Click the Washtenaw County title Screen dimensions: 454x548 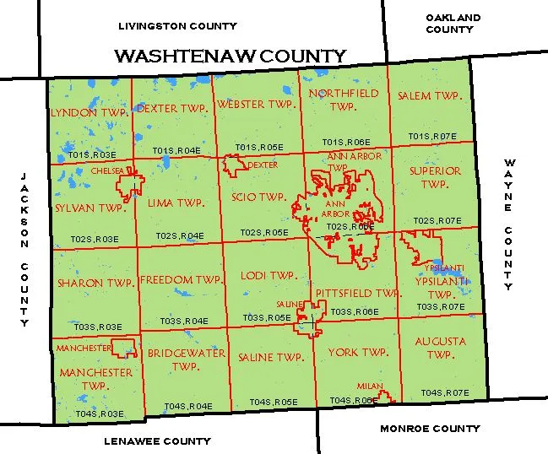(x=230, y=57)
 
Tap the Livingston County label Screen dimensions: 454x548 (x=177, y=26)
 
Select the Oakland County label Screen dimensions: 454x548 (x=453, y=23)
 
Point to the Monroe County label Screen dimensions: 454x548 (x=430, y=429)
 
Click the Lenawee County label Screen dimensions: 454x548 (x=157, y=440)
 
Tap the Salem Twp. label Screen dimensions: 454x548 (x=430, y=96)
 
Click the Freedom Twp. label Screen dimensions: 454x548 (x=181, y=279)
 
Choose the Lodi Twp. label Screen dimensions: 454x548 (x=268, y=276)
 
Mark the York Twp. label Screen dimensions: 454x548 (x=358, y=352)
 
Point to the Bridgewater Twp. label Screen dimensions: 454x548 (x=186, y=359)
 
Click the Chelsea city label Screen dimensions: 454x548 (x=107, y=170)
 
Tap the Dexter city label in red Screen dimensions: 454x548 (x=263, y=165)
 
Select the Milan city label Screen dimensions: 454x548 (x=370, y=386)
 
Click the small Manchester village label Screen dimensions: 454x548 (x=84, y=348)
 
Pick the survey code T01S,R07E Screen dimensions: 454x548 (x=432, y=136)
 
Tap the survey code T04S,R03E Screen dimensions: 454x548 (x=100, y=413)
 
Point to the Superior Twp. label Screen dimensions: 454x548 (x=435, y=177)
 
